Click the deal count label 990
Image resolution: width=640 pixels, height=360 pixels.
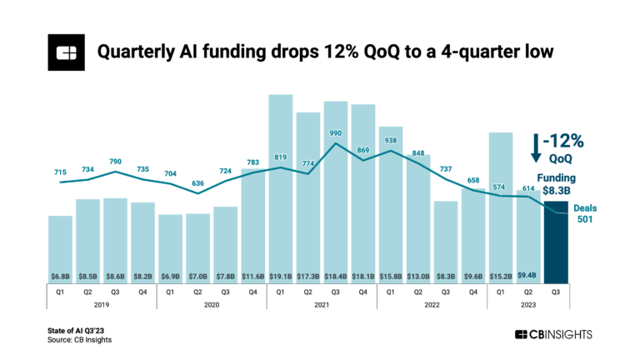[x=336, y=133]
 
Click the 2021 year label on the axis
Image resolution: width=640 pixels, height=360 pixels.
[x=322, y=306]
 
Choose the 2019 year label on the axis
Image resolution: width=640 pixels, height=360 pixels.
[x=102, y=306]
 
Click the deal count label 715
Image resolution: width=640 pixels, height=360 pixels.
[x=60, y=172]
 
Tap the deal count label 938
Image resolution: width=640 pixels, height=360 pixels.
[x=391, y=141]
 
